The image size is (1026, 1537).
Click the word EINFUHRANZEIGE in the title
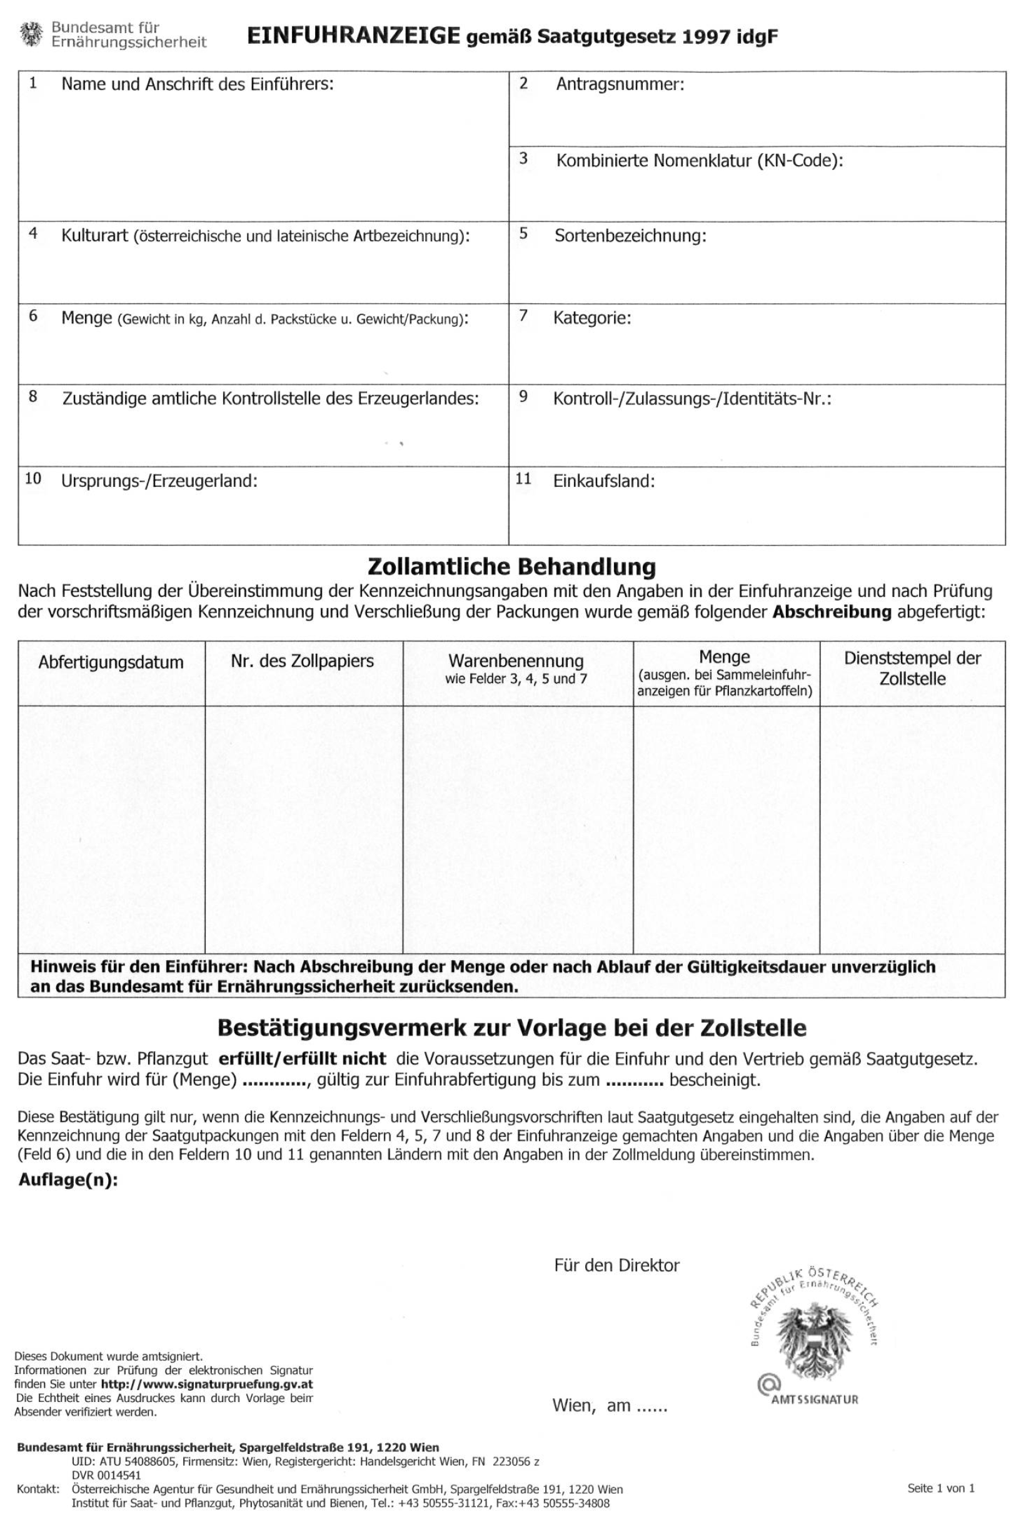[353, 37]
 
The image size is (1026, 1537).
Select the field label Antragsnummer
[620, 84]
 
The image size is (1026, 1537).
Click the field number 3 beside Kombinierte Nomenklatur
[523, 158]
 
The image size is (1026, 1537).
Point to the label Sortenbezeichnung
[630, 236]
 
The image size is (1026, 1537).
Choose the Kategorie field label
[592, 319]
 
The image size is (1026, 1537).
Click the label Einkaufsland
[604, 481]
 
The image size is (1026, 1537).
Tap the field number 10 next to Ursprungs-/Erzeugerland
[33, 479]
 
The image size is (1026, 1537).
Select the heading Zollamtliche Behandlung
[511, 566]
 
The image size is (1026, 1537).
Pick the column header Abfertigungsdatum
[111, 663]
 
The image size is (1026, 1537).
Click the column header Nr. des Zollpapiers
[303, 661]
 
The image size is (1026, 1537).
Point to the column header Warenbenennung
[516, 661]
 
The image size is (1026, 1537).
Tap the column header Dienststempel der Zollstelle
[912, 668]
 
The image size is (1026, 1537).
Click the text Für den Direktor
[616, 1266]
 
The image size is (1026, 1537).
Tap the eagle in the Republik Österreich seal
[813, 1342]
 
